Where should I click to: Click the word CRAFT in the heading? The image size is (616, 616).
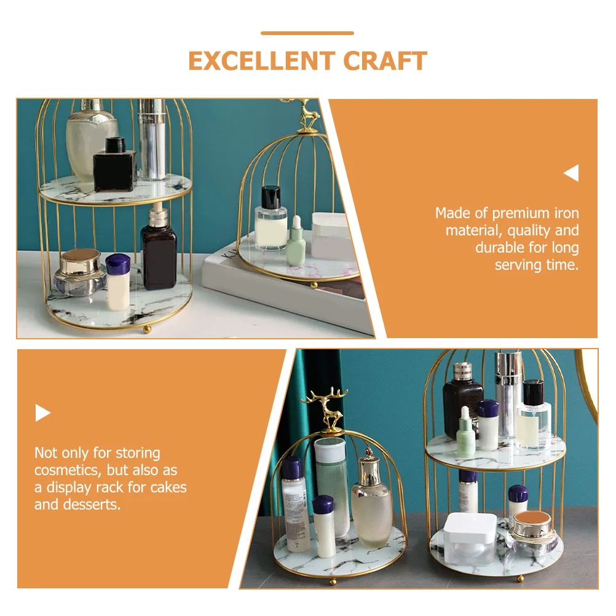[x=385, y=61]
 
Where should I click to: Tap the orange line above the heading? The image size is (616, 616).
[x=307, y=33]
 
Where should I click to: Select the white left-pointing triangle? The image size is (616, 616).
[x=571, y=173]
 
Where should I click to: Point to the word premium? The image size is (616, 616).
[x=521, y=214]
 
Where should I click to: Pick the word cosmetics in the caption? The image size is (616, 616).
[x=68, y=470]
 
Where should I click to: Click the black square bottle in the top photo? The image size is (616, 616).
[x=115, y=165]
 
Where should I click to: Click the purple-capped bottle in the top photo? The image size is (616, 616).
[x=118, y=282]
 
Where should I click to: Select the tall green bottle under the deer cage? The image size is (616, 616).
[x=331, y=487]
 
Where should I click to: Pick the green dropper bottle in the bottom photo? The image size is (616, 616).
[x=465, y=432]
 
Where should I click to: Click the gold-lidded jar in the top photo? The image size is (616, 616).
[x=80, y=272]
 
